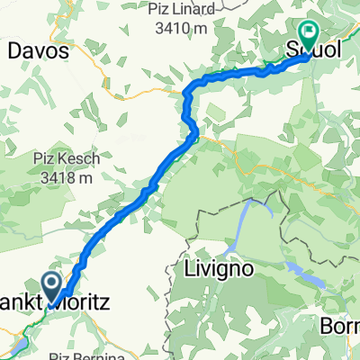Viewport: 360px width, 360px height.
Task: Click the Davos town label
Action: (39, 52)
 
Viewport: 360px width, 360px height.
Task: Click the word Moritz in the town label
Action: (86, 306)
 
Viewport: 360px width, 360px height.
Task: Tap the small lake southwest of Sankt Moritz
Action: (20, 344)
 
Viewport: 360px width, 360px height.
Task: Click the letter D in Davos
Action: (15, 52)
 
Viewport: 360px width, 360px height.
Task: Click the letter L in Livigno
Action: (190, 269)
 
